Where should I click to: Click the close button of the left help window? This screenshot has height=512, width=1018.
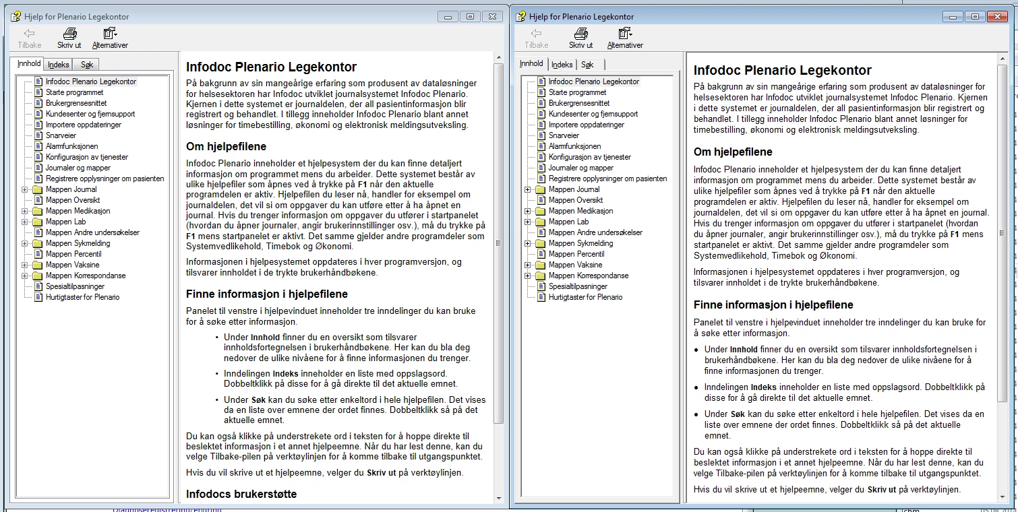pyautogui.click(x=493, y=16)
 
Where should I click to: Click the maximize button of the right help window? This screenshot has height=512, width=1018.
pyautogui.click(x=974, y=16)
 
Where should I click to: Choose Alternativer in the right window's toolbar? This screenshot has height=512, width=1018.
pyautogui.click(x=625, y=38)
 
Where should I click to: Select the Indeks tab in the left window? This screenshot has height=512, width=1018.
pyautogui.click(x=59, y=65)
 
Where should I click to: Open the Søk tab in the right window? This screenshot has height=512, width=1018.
pyautogui.click(x=587, y=65)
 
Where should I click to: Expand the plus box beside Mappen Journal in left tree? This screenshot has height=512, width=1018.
pyautogui.click(x=25, y=189)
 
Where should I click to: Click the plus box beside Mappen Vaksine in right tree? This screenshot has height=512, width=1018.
pyautogui.click(x=528, y=265)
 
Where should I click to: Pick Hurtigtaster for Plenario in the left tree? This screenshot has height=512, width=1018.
pyautogui.click(x=82, y=297)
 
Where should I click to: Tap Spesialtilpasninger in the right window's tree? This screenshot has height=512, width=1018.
pyautogui.click(x=578, y=286)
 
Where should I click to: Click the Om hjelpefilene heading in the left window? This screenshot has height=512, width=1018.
pyautogui.click(x=226, y=146)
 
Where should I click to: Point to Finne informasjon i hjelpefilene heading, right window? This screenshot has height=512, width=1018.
pyautogui.click(x=773, y=305)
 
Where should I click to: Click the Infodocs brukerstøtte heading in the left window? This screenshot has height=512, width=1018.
pyautogui.click(x=241, y=494)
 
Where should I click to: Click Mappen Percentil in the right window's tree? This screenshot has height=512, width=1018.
pyautogui.click(x=576, y=254)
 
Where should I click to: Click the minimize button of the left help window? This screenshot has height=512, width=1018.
pyautogui.click(x=448, y=16)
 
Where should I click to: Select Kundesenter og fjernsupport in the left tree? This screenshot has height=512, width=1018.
pyautogui.click(x=90, y=114)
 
